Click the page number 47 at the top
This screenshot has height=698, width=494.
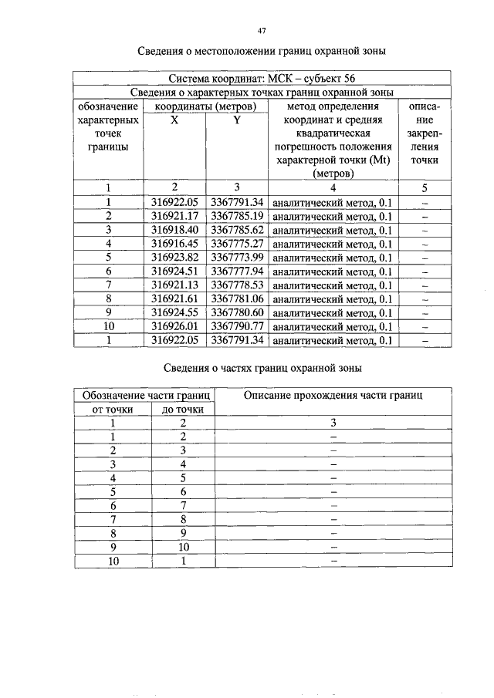click(x=262, y=30)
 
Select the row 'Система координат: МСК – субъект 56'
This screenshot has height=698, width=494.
click(x=262, y=79)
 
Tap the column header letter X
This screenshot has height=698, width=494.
click(x=174, y=120)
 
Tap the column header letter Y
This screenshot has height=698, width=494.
click(x=237, y=120)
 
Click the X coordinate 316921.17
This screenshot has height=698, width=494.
click(x=174, y=215)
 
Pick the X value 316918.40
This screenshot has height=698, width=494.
click(x=174, y=229)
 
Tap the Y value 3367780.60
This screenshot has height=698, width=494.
click(x=237, y=312)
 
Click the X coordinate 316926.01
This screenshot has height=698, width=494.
click(x=174, y=326)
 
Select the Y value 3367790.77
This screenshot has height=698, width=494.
click(x=237, y=326)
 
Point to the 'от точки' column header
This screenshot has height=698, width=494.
click(x=113, y=409)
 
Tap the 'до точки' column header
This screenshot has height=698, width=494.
click(x=182, y=409)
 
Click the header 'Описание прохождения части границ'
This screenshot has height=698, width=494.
click(x=333, y=395)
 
